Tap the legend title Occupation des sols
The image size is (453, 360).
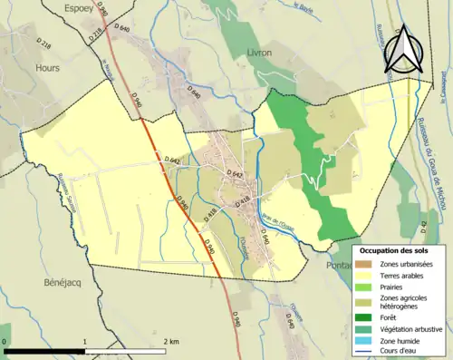tap(393, 249)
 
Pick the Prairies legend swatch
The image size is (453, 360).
tap(364, 286)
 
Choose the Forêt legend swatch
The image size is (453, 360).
tap(364, 317)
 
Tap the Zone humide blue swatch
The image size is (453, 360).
tap(364, 341)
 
